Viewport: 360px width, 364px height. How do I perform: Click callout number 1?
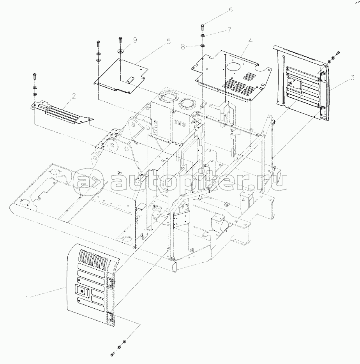pos(27,298)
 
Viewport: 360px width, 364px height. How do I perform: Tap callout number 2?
pos(74,95)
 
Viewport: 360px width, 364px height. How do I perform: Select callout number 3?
pos(352,78)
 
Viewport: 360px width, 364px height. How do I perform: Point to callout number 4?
pos(250,41)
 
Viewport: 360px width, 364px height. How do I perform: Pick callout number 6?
pos(231,10)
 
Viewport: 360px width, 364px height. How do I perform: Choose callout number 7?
pos(229,30)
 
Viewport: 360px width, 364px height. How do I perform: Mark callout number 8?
pos(183,47)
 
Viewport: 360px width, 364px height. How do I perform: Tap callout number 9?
pos(135,40)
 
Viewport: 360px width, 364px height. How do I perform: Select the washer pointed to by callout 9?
pos(120,50)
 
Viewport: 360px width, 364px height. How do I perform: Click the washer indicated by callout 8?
pos(202,46)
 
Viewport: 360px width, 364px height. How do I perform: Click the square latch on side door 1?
pos(82,291)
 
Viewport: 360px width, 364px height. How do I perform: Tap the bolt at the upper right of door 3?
pos(338,53)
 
